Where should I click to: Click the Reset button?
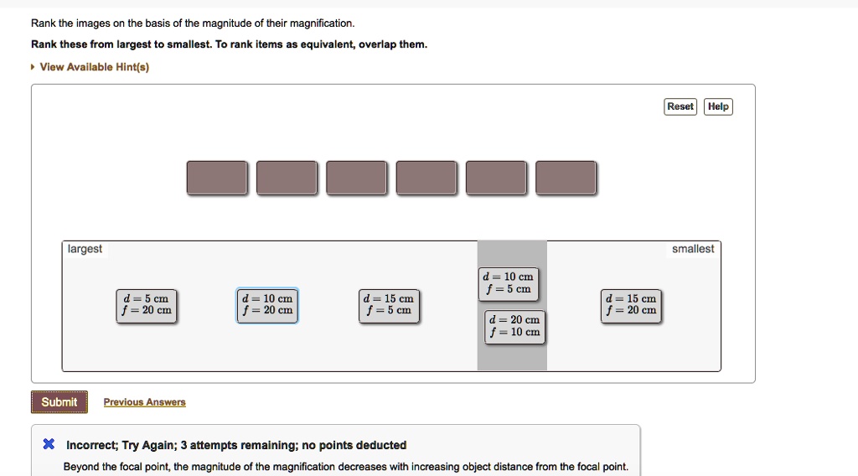click(680, 106)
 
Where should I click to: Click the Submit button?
click(59, 402)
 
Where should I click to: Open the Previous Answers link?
click(144, 402)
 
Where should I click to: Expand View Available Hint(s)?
click(94, 67)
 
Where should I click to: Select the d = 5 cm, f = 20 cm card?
click(146, 306)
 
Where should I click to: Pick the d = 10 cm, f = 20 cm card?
click(267, 305)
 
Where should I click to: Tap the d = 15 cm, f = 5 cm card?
click(389, 306)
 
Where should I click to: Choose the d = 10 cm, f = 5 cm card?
click(509, 284)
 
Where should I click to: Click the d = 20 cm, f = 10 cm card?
click(514, 327)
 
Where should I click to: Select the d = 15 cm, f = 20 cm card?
click(631, 306)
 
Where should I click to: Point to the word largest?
click(85, 249)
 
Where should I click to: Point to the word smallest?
click(693, 249)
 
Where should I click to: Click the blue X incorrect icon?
click(49, 443)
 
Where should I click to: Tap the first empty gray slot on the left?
click(217, 178)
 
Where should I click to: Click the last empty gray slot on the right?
click(566, 178)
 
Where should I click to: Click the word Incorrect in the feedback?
click(90, 445)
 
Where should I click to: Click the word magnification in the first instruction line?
click(322, 23)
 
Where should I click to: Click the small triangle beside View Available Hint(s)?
click(33, 67)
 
